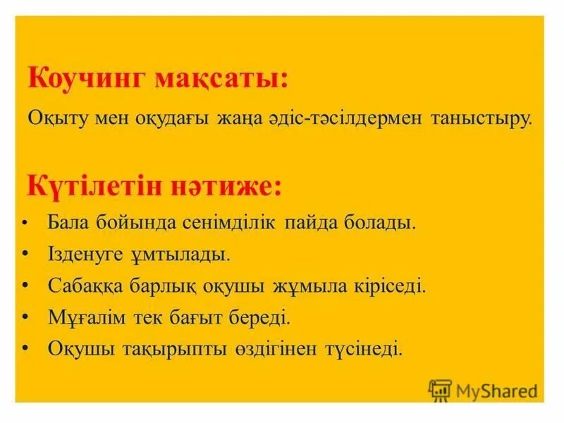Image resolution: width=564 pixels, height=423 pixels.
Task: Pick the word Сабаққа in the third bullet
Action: (x=82, y=286)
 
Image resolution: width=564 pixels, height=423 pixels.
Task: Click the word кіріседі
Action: (x=391, y=286)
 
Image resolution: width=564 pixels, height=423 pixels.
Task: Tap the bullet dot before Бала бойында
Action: (x=25, y=224)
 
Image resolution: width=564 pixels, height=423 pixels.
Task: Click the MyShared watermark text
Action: (x=496, y=388)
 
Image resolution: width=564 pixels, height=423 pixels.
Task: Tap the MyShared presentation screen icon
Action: (x=440, y=388)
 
